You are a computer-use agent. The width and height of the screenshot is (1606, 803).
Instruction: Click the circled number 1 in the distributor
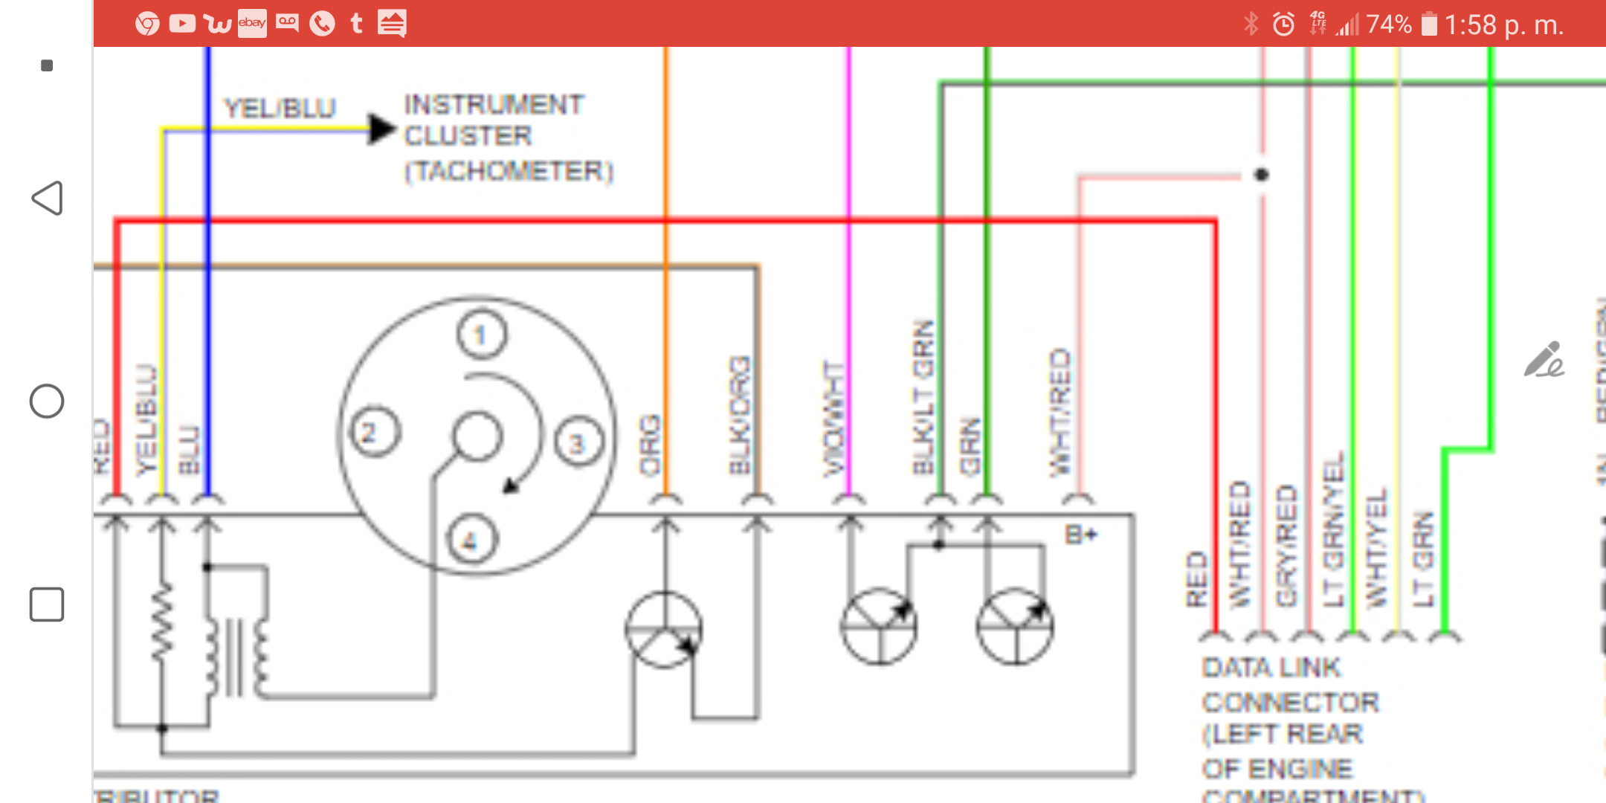pos(481,335)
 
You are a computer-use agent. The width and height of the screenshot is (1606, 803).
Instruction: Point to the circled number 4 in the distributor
pos(471,540)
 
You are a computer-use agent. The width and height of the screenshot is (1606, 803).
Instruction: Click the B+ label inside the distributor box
pos(1080,535)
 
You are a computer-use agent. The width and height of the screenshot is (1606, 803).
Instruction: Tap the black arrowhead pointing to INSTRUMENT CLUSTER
pos(381,129)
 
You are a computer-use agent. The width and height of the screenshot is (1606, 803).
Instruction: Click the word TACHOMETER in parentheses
pos(509,171)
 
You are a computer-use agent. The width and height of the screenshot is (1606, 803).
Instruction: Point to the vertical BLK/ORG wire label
pos(740,415)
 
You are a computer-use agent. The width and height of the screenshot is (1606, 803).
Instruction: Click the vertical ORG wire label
pos(651,445)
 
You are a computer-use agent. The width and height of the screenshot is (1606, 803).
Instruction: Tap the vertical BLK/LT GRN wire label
pos(923,397)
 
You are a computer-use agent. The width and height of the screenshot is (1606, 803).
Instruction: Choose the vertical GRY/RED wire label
pos(1287,545)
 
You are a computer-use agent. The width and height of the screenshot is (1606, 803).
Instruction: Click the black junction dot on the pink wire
pos(1261,175)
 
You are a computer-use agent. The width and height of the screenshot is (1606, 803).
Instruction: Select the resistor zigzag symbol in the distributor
pos(162,621)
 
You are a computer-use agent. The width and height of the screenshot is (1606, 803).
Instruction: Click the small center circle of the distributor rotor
pos(477,436)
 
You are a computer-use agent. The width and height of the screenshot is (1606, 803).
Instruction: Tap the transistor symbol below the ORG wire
pos(663,630)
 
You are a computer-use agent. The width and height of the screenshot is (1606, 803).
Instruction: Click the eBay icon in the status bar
pos(252,24)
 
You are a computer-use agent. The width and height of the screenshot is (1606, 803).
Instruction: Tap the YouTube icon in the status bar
pos(181,24)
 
